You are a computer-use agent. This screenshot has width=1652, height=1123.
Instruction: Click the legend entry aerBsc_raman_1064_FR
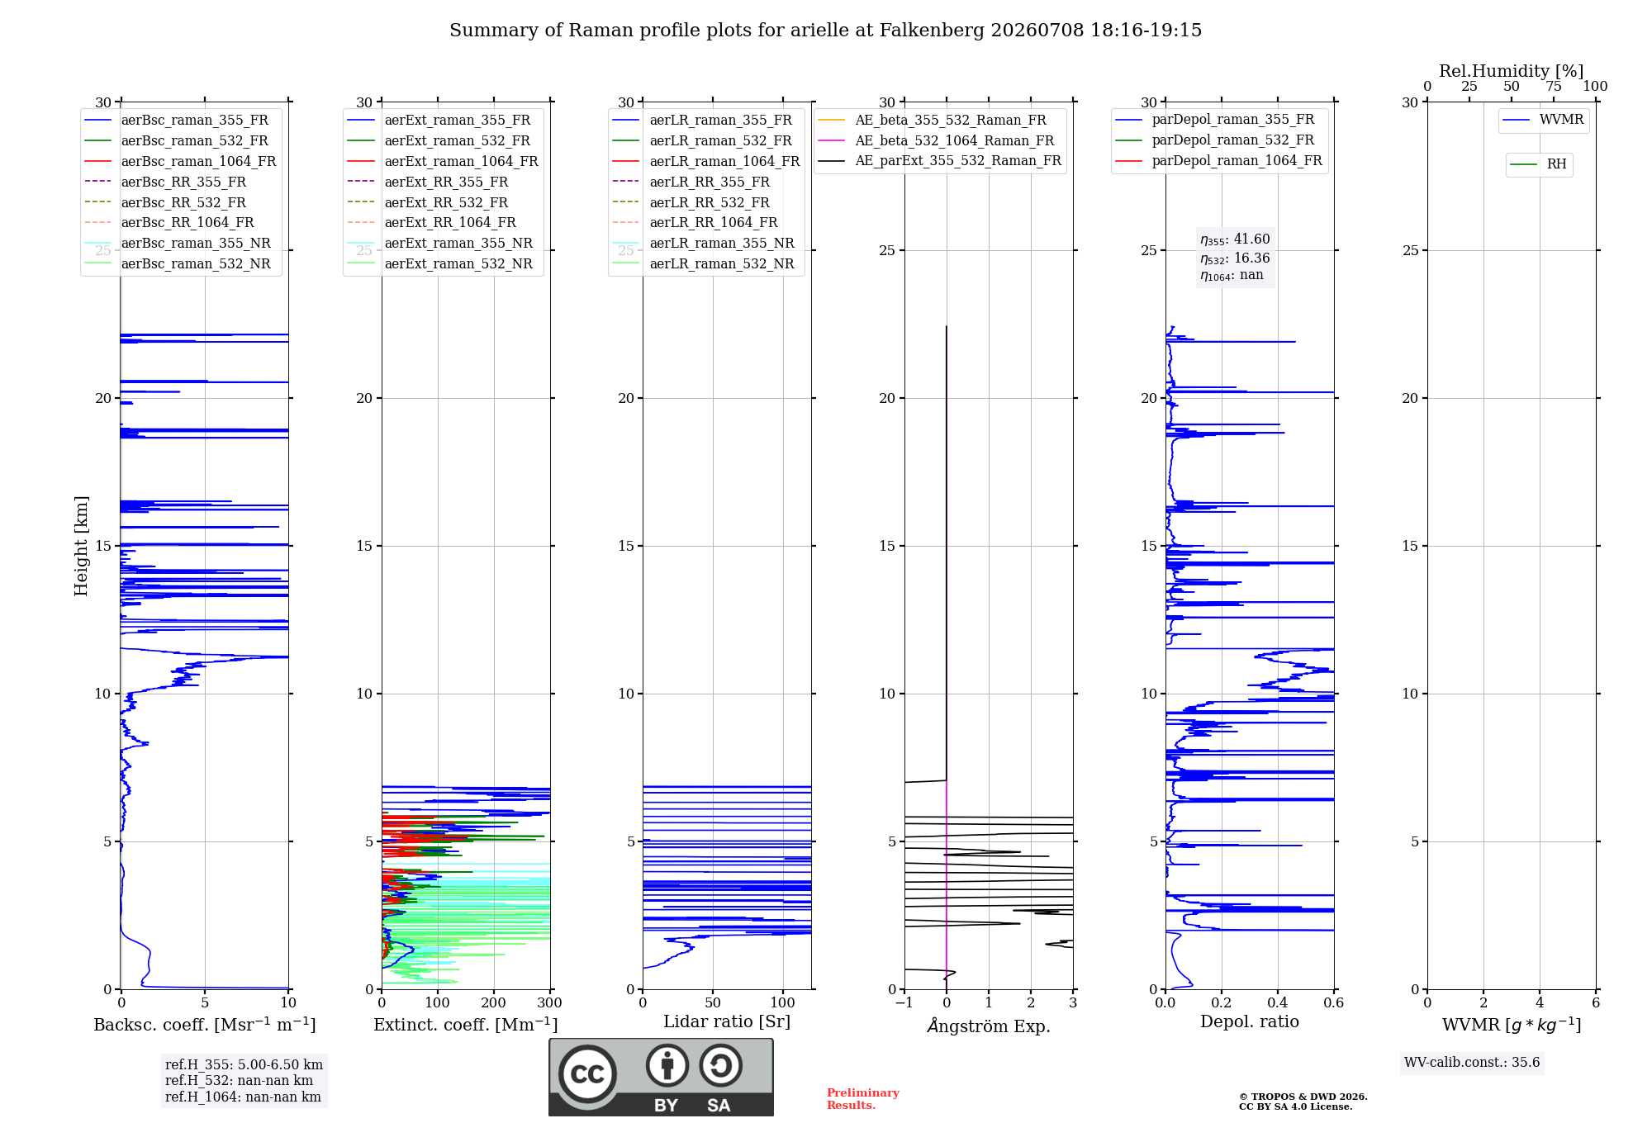[x=180, y=161]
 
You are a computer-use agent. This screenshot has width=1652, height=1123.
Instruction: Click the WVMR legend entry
[x=1543, y=120]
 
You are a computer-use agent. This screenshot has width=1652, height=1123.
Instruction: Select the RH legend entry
[x=1538, y=164]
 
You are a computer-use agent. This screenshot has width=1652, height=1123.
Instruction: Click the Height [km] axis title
[x=81, y=546]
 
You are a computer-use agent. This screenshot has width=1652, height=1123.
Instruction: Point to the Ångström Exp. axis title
[x=989, y=1026]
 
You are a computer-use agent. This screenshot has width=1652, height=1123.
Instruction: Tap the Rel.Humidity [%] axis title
[x=1512, y=71]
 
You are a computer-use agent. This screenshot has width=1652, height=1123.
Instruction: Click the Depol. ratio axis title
[x=1250, y=1021]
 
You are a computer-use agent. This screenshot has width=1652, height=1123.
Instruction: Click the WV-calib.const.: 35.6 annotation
[x=1472, y=1063]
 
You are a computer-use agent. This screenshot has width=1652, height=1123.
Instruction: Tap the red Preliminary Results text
[x=863, y=1099]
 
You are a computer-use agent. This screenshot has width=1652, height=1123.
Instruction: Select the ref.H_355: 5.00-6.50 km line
[x=244, y=1065]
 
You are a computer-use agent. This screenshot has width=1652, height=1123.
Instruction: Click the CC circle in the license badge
[x=587, y=1073]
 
